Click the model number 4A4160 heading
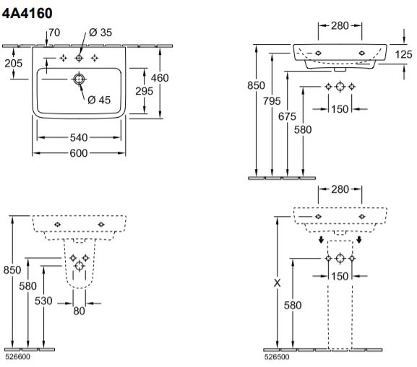pos(27,13)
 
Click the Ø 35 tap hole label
pos(100,33)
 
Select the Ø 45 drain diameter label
pos(99,100)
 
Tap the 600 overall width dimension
pos(79,153)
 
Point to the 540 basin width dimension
pos(79,137)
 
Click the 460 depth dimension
pos(160,78)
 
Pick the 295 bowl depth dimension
pos(144,91)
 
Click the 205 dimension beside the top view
pos(14,64)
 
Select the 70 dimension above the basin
pos(54,33)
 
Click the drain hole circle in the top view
pos(79,79)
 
